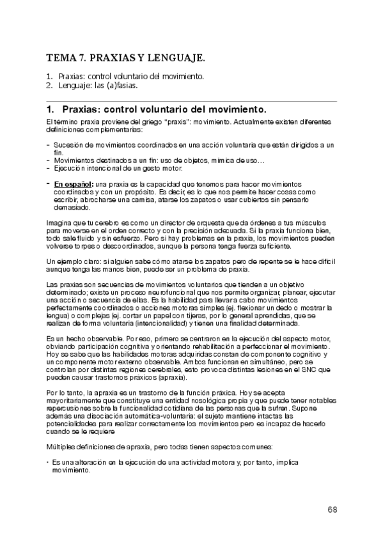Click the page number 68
[332, 509]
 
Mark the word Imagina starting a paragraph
[59, 221]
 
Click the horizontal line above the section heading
[192, 101]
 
